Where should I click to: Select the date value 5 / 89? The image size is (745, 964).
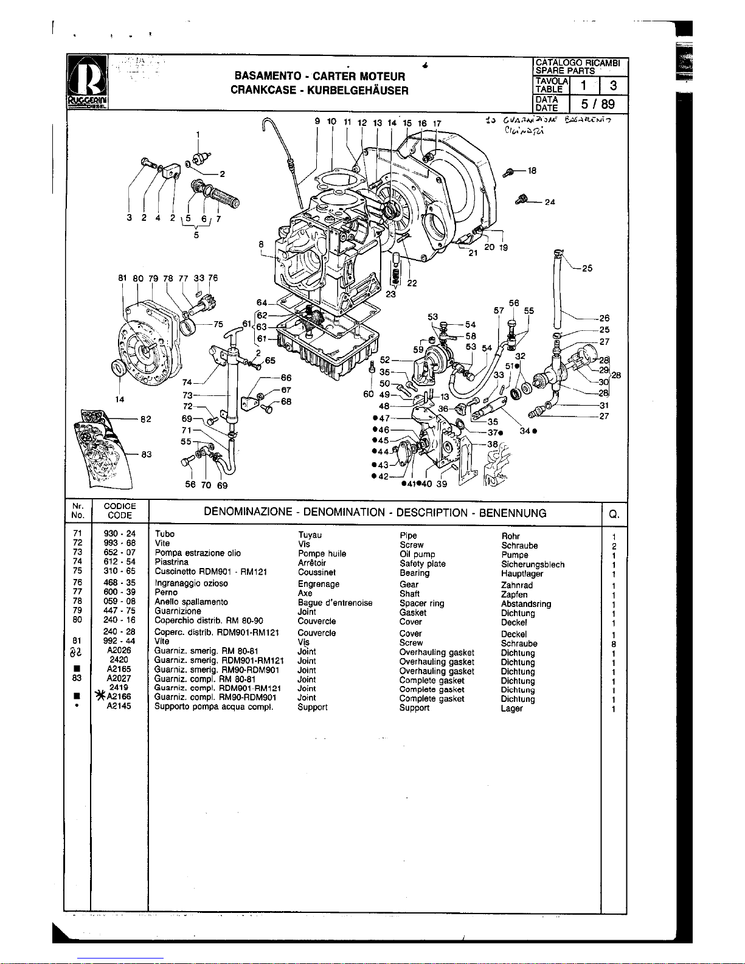tap(597, 103)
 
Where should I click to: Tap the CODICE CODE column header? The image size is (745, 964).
tap(120, 510)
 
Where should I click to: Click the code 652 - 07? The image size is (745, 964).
tap(119, 552)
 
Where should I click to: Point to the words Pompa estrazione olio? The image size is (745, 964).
tap(198, 553)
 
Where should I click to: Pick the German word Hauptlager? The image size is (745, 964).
tap(522, 573)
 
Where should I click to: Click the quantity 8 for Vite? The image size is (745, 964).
tap(614, 643)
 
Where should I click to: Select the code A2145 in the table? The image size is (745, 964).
tap(119, 706)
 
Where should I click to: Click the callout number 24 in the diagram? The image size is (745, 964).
tap(550, 202)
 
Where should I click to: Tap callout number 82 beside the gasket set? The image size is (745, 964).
tap(146, 419)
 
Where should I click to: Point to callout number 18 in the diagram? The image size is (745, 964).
tap(532, 171)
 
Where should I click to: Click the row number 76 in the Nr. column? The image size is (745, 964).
tap(77, 583)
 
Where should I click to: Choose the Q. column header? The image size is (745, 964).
tap(614, 514)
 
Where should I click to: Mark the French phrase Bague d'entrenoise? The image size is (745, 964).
tap(334, 603)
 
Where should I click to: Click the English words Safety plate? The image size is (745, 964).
tap(422, 564)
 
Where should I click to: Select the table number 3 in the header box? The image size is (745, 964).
tap(613, 86)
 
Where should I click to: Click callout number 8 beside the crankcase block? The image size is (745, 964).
tap(261, 244)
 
